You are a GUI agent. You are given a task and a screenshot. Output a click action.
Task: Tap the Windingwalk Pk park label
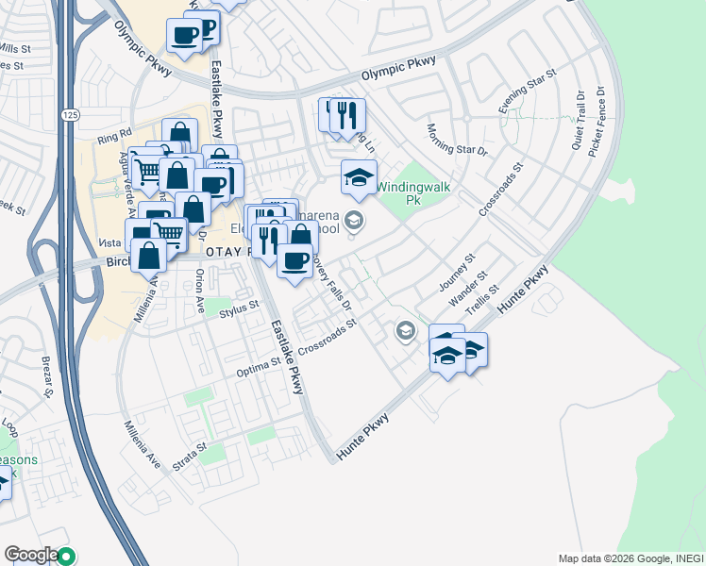(x=414, y=193)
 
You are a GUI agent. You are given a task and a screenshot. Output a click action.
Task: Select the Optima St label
(x=259, y=363)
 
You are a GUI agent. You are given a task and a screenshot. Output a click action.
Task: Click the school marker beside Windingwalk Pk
(x=359, y=177)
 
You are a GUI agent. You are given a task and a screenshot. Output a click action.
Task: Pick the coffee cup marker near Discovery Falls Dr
(x=296, y=259)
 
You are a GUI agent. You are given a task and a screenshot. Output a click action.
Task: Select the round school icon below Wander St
(x=406, y=330)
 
